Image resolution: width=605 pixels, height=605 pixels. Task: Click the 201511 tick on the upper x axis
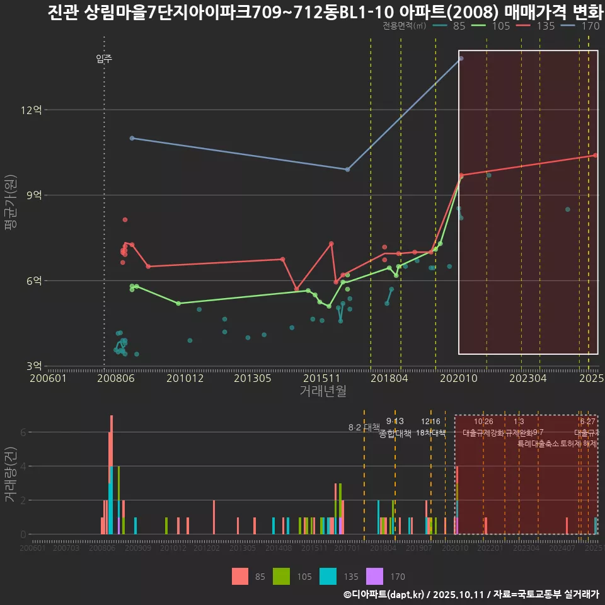coord(318,379)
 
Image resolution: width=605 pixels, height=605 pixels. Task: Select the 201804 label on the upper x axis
coord(386,379)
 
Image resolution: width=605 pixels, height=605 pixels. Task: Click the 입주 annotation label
coord(104,59)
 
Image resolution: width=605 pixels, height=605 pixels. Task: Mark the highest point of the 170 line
coord(461,58)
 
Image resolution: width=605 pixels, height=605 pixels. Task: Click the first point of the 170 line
coord(132,138)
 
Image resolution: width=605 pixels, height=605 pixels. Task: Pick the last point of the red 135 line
coord(595,155)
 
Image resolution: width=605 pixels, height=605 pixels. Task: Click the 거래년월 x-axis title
coord(323,391)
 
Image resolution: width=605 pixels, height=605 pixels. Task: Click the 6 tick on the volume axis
coord(23,432)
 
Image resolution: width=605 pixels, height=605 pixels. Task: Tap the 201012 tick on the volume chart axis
coord(173,549)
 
